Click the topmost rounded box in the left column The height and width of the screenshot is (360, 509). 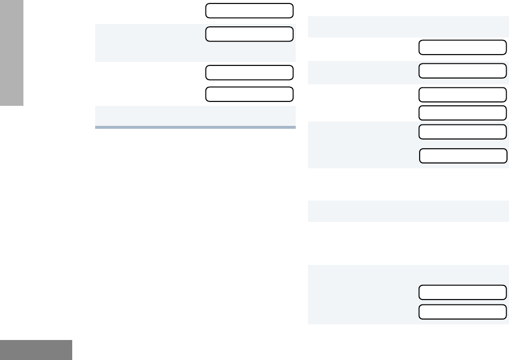[x=249, y=10]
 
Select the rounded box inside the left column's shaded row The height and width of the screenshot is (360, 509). [x=249, y=34]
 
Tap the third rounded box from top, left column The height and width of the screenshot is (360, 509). [x=249, y=72]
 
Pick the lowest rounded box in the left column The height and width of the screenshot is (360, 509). [x=249, y=94]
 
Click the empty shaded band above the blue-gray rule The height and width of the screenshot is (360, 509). [x=195, y=116]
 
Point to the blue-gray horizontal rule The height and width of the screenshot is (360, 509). [x=195, y=127]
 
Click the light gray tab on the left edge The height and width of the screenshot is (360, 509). [x=12, y=53]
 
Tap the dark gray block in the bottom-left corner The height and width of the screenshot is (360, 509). [x=36, y=350]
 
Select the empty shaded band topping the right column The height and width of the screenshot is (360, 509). [x=408, y=27]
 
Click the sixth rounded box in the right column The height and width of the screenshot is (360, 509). [x=463, y=156]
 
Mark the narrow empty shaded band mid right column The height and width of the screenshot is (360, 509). [x=408, y=211]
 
